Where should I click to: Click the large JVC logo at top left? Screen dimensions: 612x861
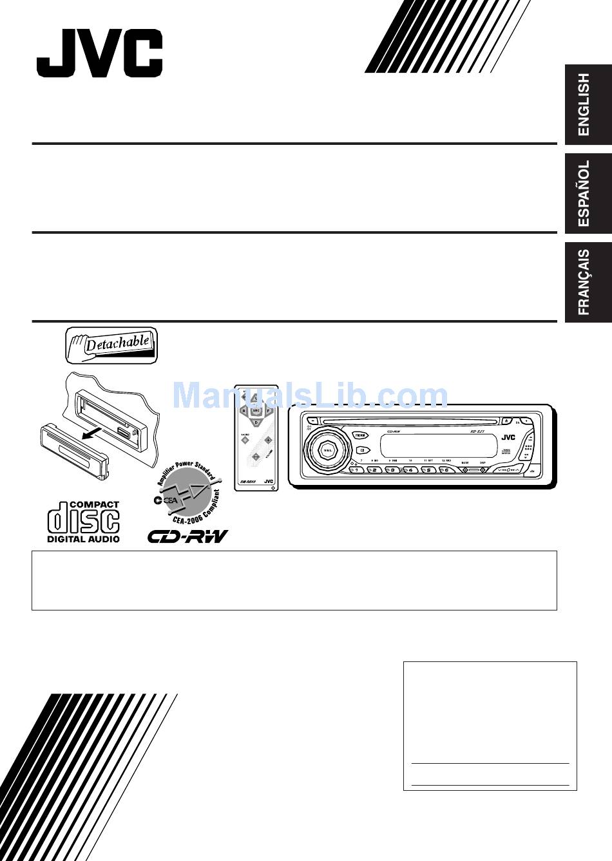click(99, 53)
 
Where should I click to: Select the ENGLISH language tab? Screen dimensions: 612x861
click(588, 104)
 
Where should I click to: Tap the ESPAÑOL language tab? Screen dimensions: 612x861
click(588, 193)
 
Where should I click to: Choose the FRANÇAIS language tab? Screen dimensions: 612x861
click(588, 282)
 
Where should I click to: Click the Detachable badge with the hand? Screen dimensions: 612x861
click(111, 344)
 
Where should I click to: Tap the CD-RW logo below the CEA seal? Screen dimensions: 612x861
click(187, 536)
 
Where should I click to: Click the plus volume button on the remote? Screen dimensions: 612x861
click(268, 440)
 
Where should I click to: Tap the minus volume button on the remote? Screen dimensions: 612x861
click(256, 457)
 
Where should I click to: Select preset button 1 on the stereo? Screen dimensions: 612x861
click(355, 470)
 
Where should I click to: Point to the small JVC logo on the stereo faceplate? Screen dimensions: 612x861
click(508, 437)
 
